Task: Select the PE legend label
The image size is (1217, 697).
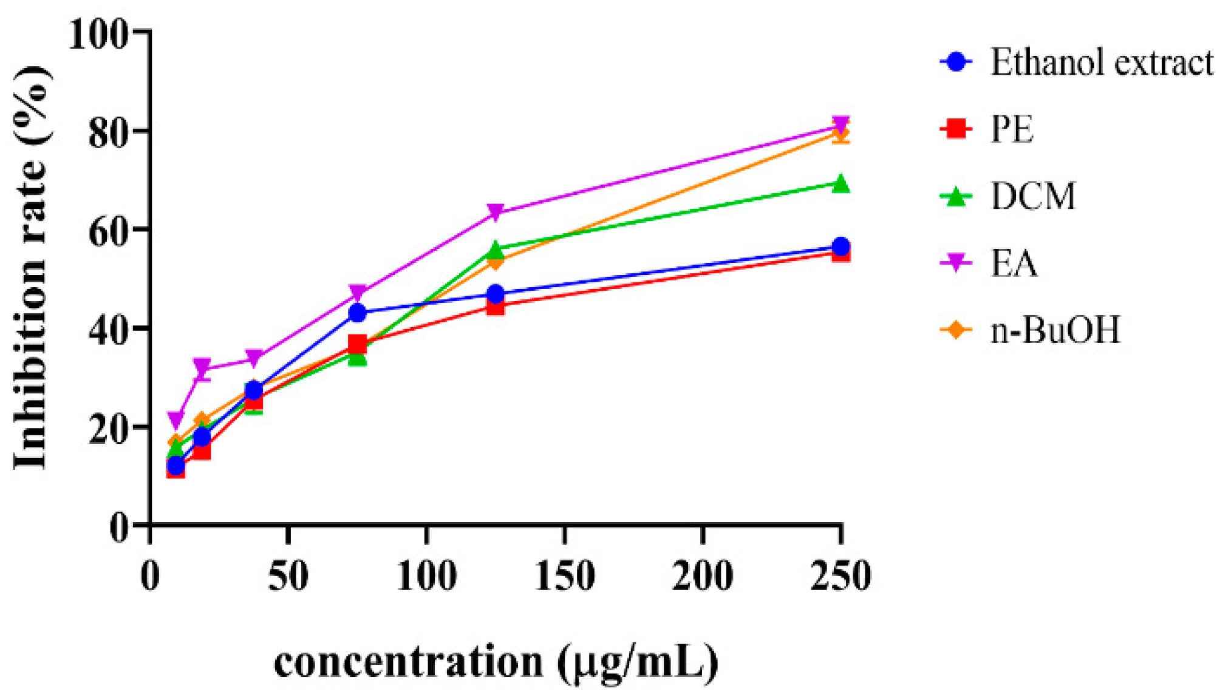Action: (x=1012, y=129)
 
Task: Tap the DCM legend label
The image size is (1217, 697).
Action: (x=1033, y=196)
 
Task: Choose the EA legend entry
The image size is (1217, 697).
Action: (x=1014, y=263)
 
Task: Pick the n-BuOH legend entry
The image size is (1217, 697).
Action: (x=1055, y=330)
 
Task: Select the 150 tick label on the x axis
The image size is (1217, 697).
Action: (x=564, y=576)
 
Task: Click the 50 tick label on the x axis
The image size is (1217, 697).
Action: (x=288, y=576)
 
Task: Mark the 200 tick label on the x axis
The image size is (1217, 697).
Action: (x=703, y=576)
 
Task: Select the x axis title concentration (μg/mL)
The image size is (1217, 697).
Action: (x=496, y=662)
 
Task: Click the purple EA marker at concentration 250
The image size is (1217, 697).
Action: (x=840, y=124)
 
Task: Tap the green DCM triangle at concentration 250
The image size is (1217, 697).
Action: (x=840, y=183)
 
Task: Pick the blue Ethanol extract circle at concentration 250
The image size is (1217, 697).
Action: (x=840, y=246)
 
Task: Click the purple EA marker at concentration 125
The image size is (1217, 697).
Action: (x=496, y=212)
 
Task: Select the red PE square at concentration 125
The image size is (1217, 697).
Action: (x=496, y=307)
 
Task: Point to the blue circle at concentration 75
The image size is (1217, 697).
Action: (x=358, y=313)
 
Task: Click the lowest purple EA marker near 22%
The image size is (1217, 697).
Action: (x=176, y=419)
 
